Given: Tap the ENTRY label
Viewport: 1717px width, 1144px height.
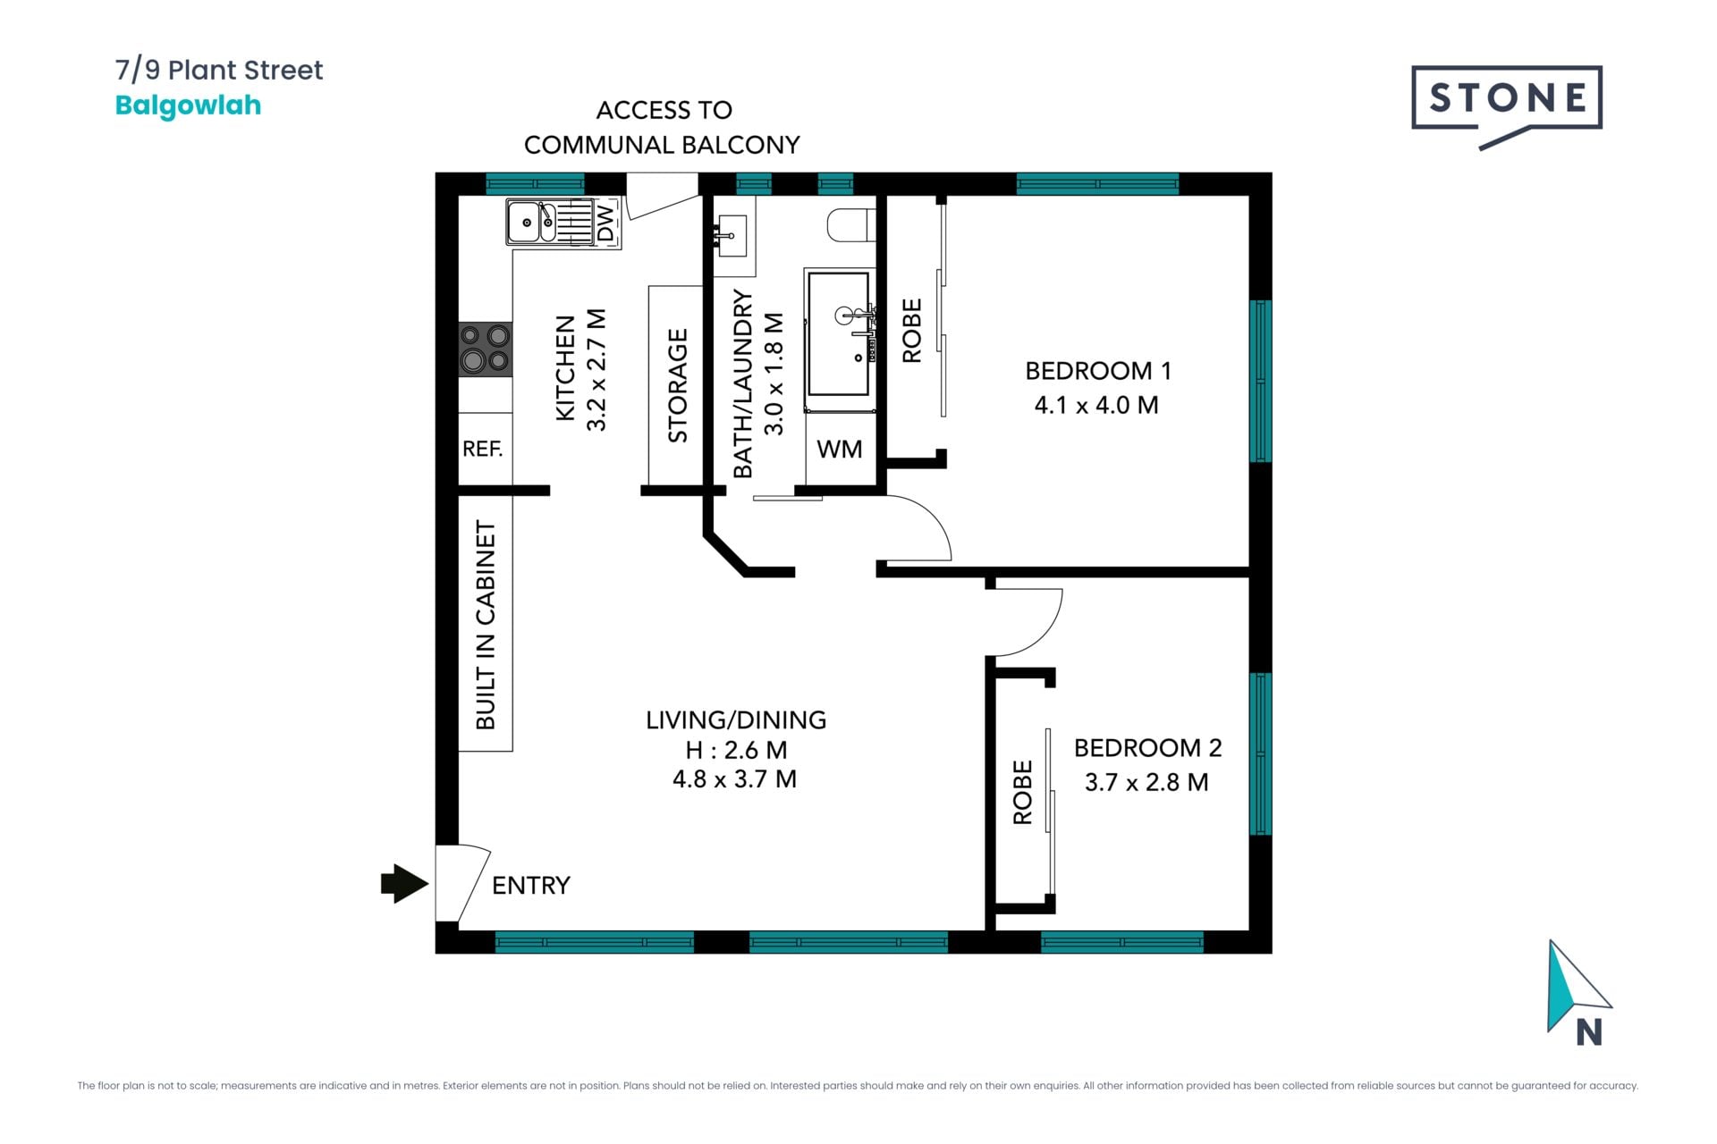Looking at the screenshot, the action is pos(531,885).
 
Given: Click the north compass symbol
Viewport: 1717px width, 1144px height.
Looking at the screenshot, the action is pos(1579,992).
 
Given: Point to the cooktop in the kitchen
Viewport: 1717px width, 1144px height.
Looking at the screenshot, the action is pos(486,349).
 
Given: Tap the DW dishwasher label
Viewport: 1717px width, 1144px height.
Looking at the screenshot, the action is pos(605,223).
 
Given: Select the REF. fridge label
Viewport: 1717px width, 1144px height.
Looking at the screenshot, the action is pos(482,449).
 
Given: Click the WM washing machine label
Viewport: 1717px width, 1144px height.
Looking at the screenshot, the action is pos(840,449).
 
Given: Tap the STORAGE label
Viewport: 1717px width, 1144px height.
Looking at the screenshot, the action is pos(678,386).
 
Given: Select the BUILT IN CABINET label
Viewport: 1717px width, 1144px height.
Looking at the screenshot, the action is pos(485,625).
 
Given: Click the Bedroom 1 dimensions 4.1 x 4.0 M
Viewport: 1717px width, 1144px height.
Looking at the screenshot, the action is pos(1096,405).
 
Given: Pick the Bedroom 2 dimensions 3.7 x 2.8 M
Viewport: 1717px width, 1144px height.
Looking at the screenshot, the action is pos(1146,782).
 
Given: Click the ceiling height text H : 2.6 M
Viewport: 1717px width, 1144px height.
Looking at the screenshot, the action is pos(736,750).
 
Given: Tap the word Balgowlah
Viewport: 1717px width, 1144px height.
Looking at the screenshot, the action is pos(188,105).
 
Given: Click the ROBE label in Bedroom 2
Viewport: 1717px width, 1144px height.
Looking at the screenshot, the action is pos(1022,792).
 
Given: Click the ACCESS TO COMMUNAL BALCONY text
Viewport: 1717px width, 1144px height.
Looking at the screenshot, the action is pos(663,127).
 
